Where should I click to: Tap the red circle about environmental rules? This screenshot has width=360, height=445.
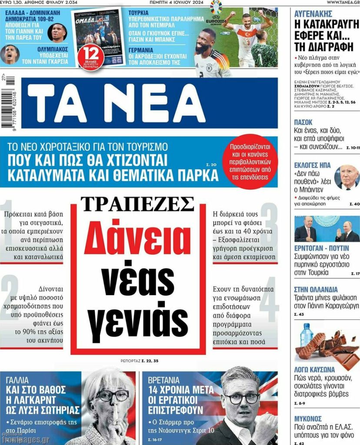[x=253, y=163]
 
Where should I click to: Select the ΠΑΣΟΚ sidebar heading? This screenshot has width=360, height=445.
[x=303, y=123]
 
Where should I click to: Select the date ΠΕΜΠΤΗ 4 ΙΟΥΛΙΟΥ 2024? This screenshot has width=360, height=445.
[x=183, y=3]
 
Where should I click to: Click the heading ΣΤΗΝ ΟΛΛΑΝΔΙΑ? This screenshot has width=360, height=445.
[x=316, y=289]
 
